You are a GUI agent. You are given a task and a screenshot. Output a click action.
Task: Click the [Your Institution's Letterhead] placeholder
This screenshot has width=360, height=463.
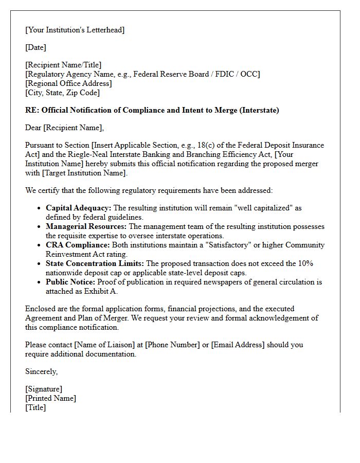pyautogui.click(x=75, y=30)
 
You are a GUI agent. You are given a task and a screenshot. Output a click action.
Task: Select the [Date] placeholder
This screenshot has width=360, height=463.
pyautogui.click(x=35, y=47)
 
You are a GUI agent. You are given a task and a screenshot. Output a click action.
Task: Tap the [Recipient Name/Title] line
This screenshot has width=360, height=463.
pyautogui.click(x=63, y=65)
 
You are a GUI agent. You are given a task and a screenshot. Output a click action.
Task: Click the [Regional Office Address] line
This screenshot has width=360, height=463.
pyautogui.click(x=68, y=83)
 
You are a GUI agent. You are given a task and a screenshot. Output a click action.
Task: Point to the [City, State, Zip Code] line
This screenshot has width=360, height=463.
pyautogui.click(x=62, y=93)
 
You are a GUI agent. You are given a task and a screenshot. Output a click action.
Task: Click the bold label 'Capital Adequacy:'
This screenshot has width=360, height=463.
pyautogui.click(x=78, y=208)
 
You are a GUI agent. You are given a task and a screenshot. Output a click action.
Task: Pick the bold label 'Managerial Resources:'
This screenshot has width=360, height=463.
pyautogui.click(x=86, y=226)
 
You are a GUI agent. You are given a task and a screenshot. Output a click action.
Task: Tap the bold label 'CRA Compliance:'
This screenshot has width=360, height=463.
pyautogui.click(x=78, y=245)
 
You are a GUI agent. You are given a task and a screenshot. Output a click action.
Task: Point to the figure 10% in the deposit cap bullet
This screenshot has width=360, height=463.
pyautogui.click(x=305, y=263)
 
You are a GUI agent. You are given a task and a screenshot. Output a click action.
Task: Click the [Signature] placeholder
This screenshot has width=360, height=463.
pyautogui.click(x=44, y=389)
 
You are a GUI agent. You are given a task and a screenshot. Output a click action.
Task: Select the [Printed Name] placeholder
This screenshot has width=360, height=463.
pyautogui.click(x=50, y=398)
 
